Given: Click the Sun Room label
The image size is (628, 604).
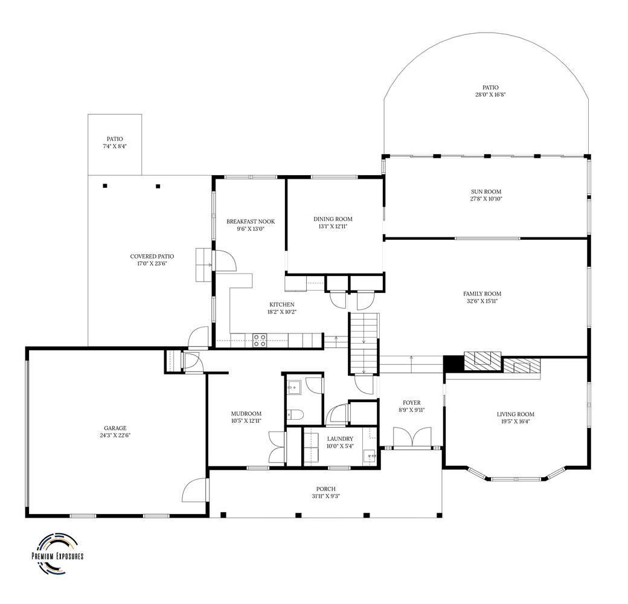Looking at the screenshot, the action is (486, 192).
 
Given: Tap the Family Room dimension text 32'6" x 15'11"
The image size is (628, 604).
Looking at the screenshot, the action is (482, 301).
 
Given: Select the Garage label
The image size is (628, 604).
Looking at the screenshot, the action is (115, 428).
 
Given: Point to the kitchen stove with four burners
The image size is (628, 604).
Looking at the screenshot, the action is (260, 341).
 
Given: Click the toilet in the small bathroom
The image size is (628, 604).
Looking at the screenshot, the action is (293, 414).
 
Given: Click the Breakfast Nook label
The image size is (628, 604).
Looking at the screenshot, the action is (251, 222).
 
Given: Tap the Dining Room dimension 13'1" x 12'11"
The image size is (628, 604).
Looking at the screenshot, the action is (333, 226).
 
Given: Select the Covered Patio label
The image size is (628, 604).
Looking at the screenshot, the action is (152, 256).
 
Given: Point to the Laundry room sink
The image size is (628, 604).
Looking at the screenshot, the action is (370, 456).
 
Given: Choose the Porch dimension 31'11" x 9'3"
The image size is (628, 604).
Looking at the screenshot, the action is (326, 496).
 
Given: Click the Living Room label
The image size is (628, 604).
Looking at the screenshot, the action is (516, 414).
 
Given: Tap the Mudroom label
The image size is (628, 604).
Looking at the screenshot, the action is (246, 414).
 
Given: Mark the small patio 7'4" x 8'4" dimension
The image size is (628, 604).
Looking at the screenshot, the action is (115, 146).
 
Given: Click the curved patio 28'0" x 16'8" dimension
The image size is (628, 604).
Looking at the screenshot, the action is (490, 95).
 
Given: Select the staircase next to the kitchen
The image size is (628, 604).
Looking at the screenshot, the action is (364, 344).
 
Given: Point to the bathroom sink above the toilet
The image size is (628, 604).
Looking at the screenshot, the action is (293, 387).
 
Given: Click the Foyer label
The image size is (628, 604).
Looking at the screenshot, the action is (412, 402).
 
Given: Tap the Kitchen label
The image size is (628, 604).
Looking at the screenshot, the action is (282, 305).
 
